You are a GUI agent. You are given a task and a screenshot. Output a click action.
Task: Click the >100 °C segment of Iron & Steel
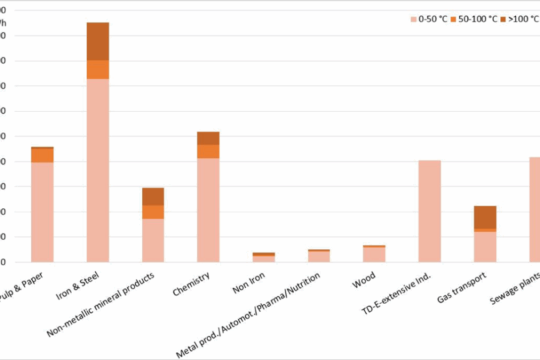97,41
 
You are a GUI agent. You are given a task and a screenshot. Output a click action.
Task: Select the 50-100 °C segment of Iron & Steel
97,69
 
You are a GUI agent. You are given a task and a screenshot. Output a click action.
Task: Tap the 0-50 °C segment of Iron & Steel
97,170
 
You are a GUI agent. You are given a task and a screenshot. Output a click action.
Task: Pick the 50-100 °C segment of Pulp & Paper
43,155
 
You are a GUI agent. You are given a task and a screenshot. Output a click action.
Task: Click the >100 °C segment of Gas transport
485,217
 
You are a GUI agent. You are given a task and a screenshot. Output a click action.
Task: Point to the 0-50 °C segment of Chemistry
208,209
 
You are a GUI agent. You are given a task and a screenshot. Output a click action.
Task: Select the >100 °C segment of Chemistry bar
208,138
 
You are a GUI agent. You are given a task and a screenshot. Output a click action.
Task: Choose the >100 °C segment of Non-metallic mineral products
153,197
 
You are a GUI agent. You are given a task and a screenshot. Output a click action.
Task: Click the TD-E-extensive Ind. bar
429,211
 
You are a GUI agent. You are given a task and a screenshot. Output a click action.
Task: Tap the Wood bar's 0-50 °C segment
374,254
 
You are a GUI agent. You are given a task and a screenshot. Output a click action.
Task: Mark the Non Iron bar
263,257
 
